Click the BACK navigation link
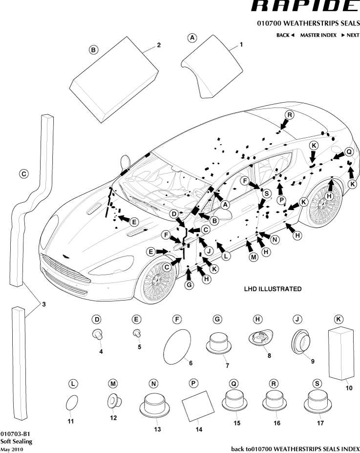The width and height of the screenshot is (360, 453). click(x=285, y=36)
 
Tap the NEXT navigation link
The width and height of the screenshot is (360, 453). click(x=350, y=36)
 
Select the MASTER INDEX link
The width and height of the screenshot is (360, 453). click(x=318, y=36)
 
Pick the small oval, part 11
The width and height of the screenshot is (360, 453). click(x=72, y=404)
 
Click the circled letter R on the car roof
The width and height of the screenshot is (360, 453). click(x=289, y=115)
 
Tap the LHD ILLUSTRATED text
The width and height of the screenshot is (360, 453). click(x=273, y=289)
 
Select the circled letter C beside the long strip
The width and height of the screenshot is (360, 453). click(x=23, y=173)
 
